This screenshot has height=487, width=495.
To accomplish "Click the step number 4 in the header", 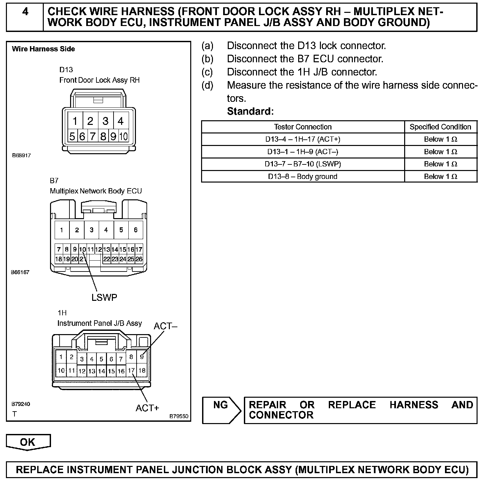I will click(x=25, y=12).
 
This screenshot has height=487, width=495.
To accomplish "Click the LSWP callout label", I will click(x=104, y=298).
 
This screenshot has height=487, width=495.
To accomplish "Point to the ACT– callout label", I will click(x=165, y=326).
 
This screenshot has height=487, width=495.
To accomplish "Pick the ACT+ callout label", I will click(x=147, y=408).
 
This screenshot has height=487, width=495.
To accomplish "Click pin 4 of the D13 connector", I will click(x=120, y=121).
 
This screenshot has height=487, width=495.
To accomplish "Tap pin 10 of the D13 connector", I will click(x=123, y=136).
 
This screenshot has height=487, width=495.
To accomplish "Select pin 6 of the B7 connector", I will click(x=136, y=230).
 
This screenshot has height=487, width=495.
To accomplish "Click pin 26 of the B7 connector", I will click(x=139, y=259).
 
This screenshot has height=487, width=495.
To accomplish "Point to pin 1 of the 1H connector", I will click(x=61, y=357).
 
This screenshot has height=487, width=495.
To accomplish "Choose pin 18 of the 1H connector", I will click(x=142, y=370).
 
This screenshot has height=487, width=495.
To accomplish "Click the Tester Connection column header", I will click(x=303, y=127).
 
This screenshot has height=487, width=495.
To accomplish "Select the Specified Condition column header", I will click(x=440, y=127).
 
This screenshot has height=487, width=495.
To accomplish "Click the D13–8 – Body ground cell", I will click(x=303, y=177).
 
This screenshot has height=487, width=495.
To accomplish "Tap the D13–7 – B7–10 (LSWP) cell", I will click(x=303, y=164).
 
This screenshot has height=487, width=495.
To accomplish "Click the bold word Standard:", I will click(x=250, y=111).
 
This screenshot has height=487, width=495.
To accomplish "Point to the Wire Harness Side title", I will click(x=43, y=49).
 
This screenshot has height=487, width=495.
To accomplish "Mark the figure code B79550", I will click(x=179, y=416).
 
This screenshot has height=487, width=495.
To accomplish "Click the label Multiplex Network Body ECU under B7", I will click(x=96, y=191).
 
